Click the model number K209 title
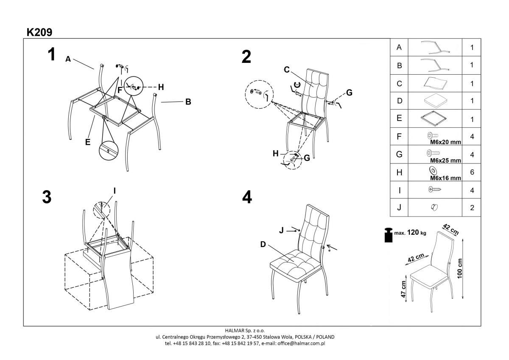39,32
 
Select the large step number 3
47,197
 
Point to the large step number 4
246,197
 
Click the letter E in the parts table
399,118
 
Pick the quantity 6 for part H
472,172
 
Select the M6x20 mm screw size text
445,143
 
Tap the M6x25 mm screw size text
445,161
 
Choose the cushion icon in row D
434,101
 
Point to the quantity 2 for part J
472,208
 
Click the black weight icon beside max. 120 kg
388,235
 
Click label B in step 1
188,102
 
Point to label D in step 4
263,244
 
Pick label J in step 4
281,230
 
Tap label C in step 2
286,69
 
